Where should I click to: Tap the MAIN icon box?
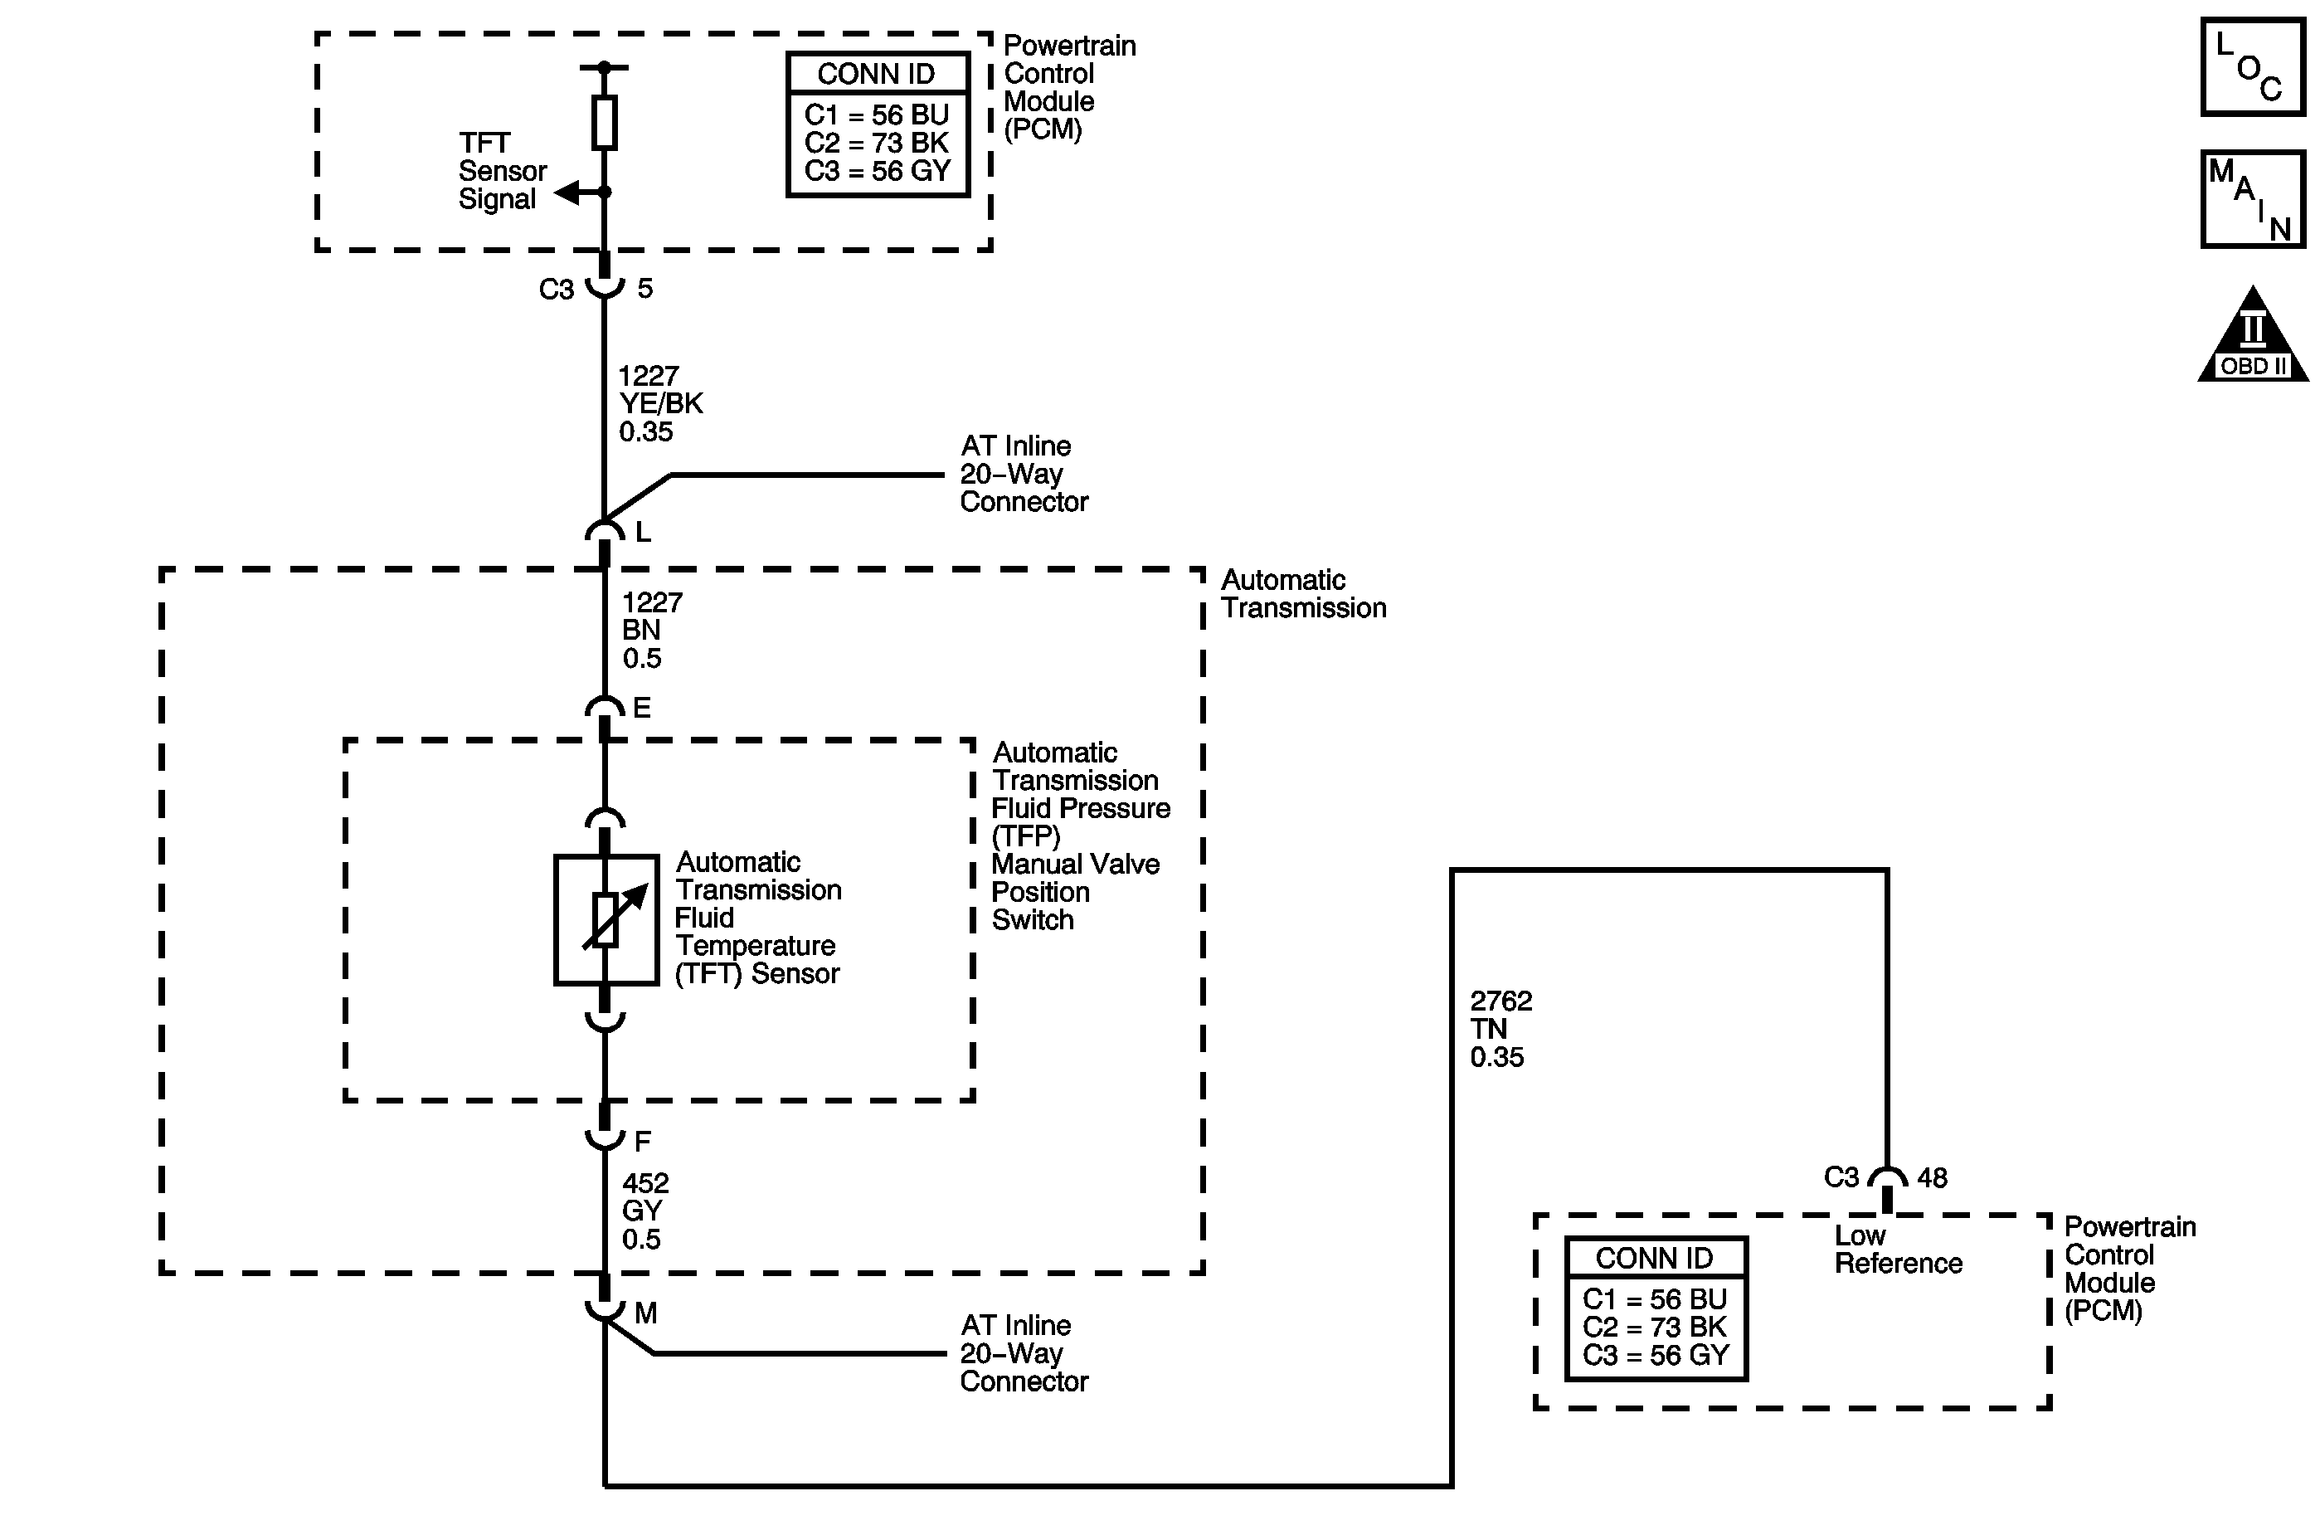2252,199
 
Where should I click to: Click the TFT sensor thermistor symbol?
606,920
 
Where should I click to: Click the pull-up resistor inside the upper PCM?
605,123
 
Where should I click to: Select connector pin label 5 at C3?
644,289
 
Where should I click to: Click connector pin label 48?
1932,1178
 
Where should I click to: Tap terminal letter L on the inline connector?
642,533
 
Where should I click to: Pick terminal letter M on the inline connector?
645,1313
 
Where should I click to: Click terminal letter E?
641,708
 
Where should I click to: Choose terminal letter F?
642,1141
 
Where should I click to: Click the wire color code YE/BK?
661,404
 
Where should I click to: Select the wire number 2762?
1501,1001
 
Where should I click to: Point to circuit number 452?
645,1183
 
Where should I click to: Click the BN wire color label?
641,630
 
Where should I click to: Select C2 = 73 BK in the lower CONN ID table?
1654,1327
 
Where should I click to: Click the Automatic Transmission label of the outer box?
1302,594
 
